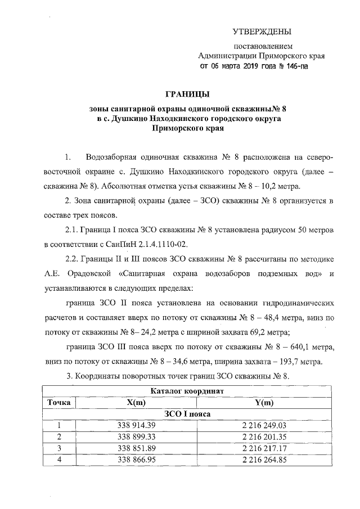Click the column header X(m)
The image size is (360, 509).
(x=136, y=403)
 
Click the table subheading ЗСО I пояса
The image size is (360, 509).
(x=188, y=415)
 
